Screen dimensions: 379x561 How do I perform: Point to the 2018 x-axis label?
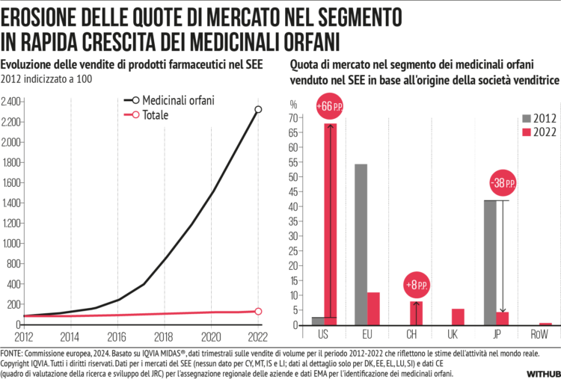coord(164,336)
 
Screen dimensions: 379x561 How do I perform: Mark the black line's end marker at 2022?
coord(258,110)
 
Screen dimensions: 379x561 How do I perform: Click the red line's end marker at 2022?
coord(258,311)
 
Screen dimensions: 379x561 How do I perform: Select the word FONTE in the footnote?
coord(12,351)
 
